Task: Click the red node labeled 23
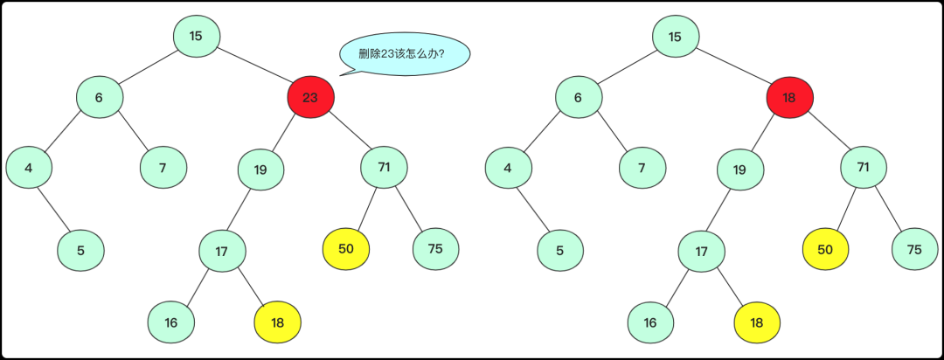coord(310,97)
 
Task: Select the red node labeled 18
coord(789,97)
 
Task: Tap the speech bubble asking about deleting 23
coord(405,54)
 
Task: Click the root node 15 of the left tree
coord(196,36)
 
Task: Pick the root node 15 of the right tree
coord(675,36)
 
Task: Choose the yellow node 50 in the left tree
coord(346,248)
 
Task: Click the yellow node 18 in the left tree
coord(277,322)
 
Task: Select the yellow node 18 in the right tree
coord(757,322)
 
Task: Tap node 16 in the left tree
coord(171,322)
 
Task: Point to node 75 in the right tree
coord(914,249)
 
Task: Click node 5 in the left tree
coord(80,251)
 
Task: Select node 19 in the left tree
coord(260,170)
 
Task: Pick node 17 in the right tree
coord(701,252)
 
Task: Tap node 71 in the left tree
coord(385,165)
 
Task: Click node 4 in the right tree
coord(508,170)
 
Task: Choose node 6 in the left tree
coord(99,97)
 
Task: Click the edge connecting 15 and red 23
coord(253,66)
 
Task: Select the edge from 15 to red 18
coord(732,66)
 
